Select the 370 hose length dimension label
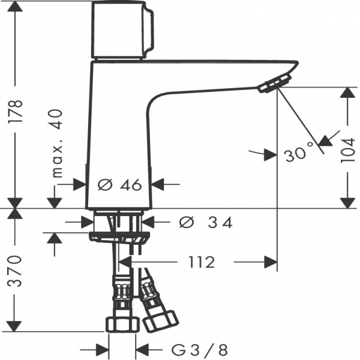(x=14, y=271)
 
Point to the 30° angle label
(x=299, y=151)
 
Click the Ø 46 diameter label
(x=119, y=185)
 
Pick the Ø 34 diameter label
(x=206, y=222)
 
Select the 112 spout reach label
(x=202, y=262)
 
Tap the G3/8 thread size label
(x=200, y=350)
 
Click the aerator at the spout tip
(x=275, y=83)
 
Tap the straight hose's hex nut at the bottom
(x=122, y=325)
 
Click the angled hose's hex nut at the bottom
(x=161, y=321)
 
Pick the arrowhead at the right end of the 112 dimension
(x=271, y=262)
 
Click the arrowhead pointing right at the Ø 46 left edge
(x=79, y=184)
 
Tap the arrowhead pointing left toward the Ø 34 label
(x=148, y=222)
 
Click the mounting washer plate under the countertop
(x=119, y=236)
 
